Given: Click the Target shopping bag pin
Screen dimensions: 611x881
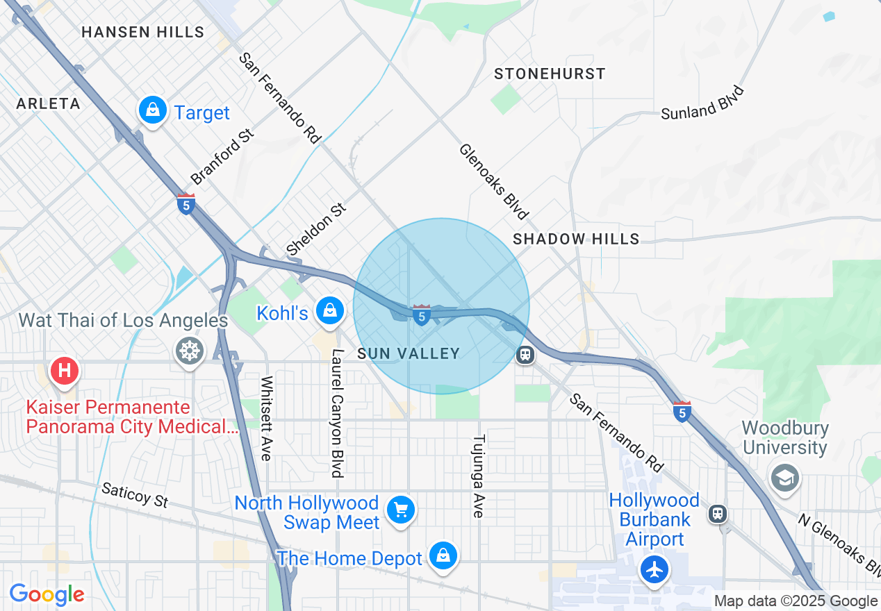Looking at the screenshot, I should [152, 110].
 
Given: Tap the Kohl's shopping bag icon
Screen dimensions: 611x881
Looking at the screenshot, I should [330, 310].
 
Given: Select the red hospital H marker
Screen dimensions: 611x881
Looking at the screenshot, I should [65, 369].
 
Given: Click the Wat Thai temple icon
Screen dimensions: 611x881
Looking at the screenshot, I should [188, 351].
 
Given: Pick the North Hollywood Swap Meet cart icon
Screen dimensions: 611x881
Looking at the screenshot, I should [401, 510].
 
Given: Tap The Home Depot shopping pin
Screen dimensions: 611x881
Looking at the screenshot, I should [443, 555].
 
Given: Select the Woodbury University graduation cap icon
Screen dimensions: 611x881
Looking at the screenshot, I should [785, 478].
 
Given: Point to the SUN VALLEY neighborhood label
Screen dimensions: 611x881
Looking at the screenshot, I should [409, 354].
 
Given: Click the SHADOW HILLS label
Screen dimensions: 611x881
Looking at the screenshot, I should [576, 239].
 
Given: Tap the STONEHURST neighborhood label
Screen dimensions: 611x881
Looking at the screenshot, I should [550, 74].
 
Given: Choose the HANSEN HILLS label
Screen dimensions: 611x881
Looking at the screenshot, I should [143, 32].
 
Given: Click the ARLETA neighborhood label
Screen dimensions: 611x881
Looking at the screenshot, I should [49, 104].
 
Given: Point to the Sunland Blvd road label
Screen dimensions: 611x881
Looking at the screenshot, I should [702, 103].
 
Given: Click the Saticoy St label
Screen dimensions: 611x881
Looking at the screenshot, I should [135, 495].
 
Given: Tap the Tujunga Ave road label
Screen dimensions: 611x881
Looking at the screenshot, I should [478, 476].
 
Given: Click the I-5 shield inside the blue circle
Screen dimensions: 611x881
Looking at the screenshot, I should [421, 315].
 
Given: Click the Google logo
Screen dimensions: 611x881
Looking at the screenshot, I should [47, 595].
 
